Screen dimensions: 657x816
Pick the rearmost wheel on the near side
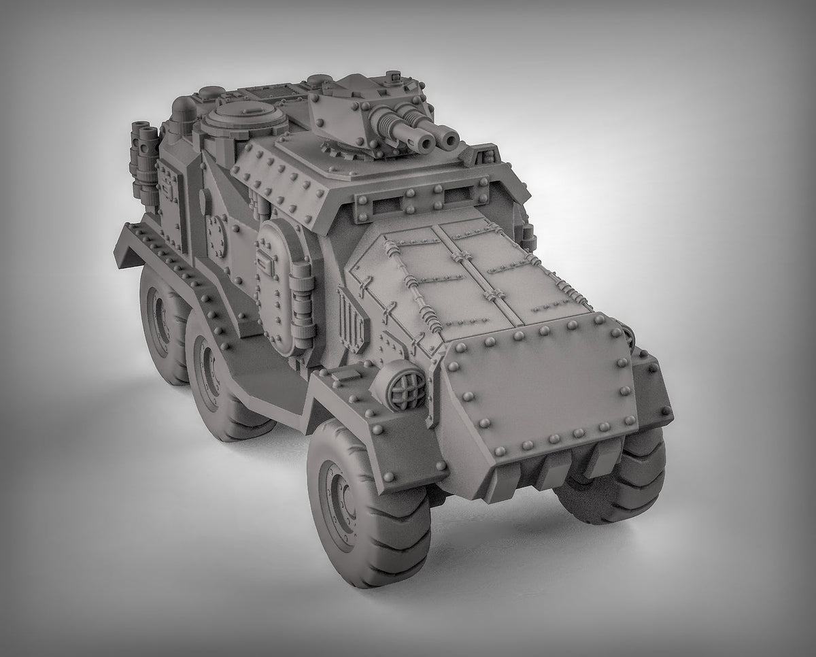point(160,320)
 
